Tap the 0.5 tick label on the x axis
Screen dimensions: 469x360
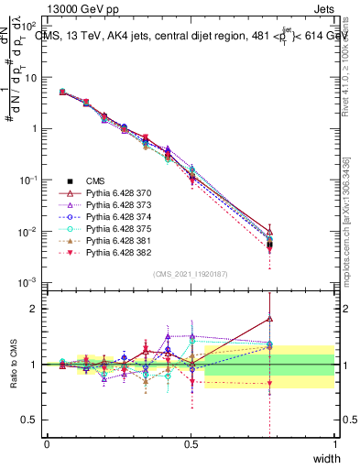[x=191, y=444]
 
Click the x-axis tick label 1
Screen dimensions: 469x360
[x=334, y=444]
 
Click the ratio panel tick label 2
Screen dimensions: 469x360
[x=37, y=309]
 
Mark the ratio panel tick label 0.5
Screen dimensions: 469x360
[x=32, y=421]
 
